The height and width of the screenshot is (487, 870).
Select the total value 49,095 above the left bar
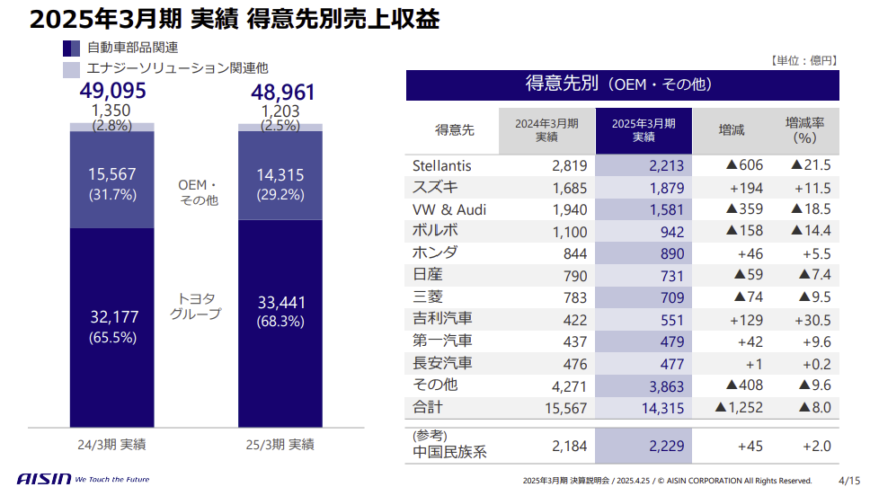click(112, 91)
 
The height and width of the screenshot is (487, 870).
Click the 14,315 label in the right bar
click(280, 175)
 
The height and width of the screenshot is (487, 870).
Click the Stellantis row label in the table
click(441, 165)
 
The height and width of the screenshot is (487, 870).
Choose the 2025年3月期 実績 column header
click(644, 130)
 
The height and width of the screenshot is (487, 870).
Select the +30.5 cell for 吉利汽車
click(812, 319)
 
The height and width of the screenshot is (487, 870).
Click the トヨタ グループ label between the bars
click(195, 305)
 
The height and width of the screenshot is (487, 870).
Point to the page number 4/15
click(848, 479)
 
